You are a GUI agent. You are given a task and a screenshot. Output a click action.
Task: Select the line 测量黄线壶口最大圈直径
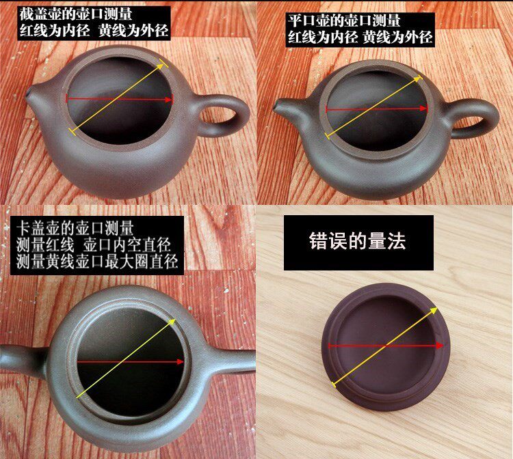(x=96, y=262)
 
